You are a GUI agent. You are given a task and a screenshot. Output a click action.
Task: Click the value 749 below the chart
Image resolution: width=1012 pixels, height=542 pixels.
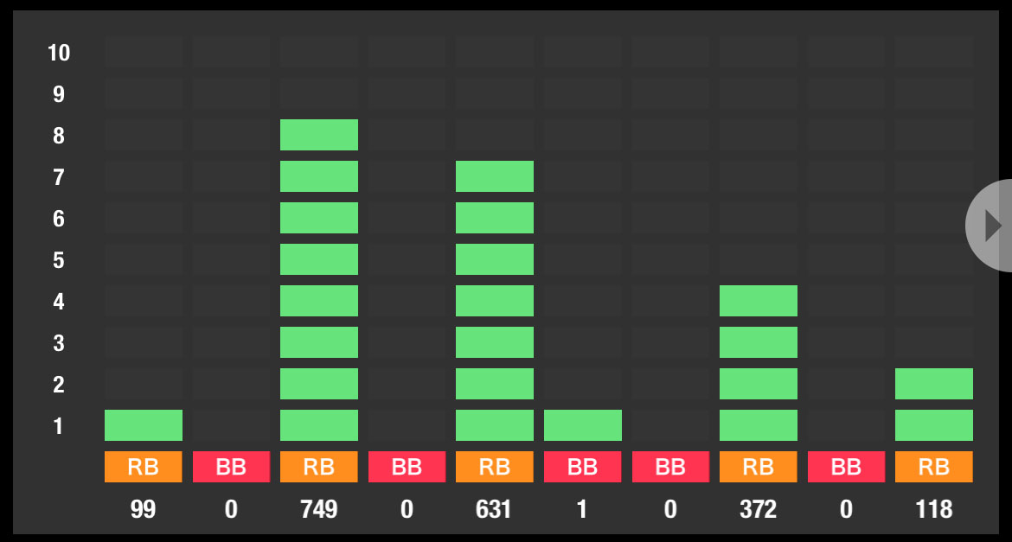point(319,509)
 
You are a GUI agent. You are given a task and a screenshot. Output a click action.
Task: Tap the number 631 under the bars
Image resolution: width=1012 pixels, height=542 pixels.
point(495,509)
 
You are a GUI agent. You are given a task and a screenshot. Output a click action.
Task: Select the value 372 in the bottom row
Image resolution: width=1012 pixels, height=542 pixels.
point(759,509)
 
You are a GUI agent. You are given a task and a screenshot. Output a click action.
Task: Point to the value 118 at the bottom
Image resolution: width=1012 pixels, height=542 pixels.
point(934,509)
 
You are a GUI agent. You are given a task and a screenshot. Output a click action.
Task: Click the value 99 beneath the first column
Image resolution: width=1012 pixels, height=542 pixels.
point(144,509)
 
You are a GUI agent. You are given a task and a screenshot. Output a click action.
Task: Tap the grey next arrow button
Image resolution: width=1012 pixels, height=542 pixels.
point(992,226)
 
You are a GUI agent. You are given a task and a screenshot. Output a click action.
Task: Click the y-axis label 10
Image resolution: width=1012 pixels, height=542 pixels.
point(59,53)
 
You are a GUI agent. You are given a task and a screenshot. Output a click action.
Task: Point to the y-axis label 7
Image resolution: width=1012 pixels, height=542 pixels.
point(59,177)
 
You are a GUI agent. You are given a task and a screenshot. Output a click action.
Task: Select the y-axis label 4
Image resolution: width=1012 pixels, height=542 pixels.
point(59,302)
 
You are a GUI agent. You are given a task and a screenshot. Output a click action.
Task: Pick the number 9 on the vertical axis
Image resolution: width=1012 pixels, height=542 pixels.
point(59,94)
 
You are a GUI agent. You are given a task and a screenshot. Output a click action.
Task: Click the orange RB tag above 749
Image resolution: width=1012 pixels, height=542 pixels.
point(319,467)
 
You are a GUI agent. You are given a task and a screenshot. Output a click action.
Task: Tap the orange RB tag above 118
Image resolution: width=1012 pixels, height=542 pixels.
point(934,467)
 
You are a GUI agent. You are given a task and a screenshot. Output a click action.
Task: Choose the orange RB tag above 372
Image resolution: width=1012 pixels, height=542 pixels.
point(759,467)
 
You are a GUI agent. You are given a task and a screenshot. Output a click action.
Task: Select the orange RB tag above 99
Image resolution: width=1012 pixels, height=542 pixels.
point(144,467)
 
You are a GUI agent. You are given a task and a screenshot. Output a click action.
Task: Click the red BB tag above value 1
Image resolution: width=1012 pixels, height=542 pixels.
point(583,467)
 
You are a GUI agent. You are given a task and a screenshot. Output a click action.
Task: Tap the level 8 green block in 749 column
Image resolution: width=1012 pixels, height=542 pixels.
point(319,135)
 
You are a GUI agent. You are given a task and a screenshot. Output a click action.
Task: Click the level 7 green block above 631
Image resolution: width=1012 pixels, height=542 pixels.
point(495,176)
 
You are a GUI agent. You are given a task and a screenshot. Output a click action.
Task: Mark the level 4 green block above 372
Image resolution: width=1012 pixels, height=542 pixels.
point(759,301)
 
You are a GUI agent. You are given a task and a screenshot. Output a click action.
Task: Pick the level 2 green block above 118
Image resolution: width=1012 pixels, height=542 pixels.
point(934,384)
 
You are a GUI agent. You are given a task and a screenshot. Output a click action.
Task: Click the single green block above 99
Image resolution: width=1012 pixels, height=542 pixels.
point(144,425)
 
